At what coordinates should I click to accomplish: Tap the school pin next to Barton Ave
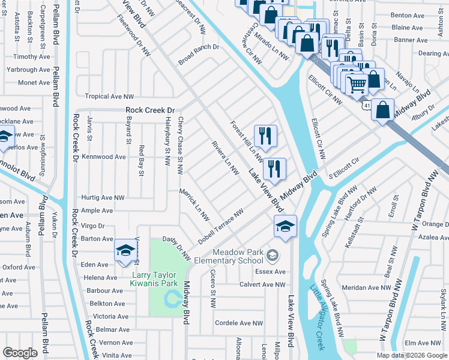(x=125, y=251)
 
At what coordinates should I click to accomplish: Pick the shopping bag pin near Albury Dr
(x=382, y=110)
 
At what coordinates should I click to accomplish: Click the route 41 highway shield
(x=366, y=106)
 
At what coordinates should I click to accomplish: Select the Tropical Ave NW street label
(x=109, y=96)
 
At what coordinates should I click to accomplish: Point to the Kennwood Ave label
(x=104, y=157)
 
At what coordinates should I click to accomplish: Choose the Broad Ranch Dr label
(x=199, y=55)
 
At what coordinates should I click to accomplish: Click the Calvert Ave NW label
(x=262, y=284)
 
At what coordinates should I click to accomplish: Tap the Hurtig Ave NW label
(x=103, y=197)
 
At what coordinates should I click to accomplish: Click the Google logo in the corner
(x=20, y=352)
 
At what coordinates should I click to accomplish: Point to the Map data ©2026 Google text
(x=412, y=355)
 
